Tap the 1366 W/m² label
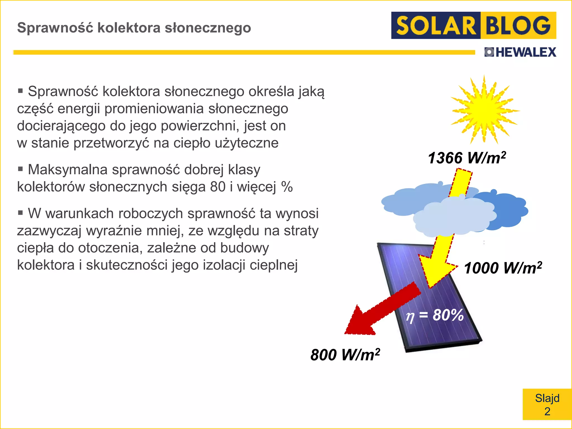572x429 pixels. (x=467, y=158)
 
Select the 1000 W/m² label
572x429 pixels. (x=503, y=268)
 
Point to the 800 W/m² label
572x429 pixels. (x=345, y=355)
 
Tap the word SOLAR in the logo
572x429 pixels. (x=436, y=26)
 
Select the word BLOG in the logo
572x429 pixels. (x=518, y=26)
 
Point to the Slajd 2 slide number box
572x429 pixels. (x=547, y=404)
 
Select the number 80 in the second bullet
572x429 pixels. (x=218, y=187)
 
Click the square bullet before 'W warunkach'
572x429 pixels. (x=20, y=213)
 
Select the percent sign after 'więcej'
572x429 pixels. (x=287, y=187)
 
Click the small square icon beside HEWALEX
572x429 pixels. (x=489, y=52)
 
